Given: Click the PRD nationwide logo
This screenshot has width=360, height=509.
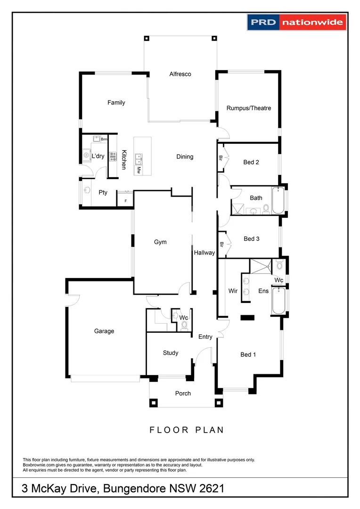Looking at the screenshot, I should pyautogui.click(x=296, y=22).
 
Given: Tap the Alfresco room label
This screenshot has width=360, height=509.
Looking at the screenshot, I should pyautogui.click(x=180, y=74).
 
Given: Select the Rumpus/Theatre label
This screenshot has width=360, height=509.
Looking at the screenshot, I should pyautogui.click(x=249, y=108).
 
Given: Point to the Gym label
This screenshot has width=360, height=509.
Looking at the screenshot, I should pyautogui.click(x=160, y=242).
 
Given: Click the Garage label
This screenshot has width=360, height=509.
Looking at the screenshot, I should pyautogui.click(x=104, y=331).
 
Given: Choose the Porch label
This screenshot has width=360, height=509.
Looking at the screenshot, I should pyautogui.click(x=183, y=393).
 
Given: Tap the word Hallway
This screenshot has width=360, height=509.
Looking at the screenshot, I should pyautogui.click(x=205, y=253).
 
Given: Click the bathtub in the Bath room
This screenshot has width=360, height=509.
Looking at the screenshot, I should pyautogui.click(x=278, y=199).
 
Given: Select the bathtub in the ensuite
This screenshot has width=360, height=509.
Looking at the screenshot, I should pyautogui.click(x=277, y=301).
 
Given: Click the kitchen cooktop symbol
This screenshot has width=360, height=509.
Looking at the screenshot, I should pyautogui.click(x=113, y=157).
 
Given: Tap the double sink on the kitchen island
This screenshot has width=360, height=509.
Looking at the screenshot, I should pyautogui.click(x=139, y=157).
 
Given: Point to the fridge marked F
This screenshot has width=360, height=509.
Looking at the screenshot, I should pyautogui.click(x=125, y=199).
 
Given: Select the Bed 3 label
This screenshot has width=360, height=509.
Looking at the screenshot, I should pyautogui.click(x=251, y=239).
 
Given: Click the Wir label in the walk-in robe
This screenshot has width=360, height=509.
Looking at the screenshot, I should pyautogui.click(x=233, y=291).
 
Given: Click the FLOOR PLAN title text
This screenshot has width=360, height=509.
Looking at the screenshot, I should pyautogui.click(x=187, y=430).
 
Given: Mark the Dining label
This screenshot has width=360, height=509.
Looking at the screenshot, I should pyautogui.click(x=185, y=156).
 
